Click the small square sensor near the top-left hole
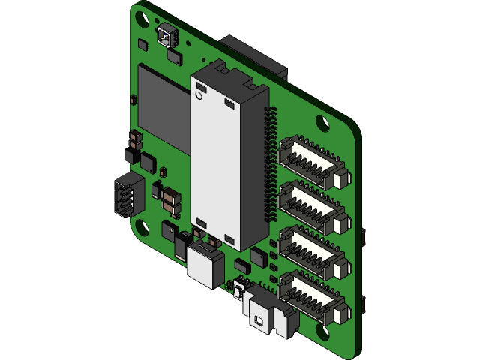166,34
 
